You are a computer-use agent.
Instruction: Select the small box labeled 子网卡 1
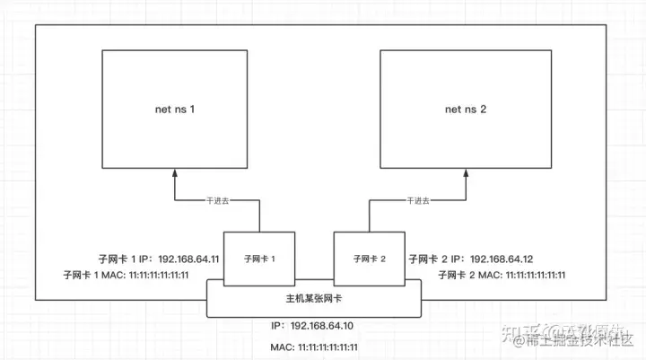coord(259,259)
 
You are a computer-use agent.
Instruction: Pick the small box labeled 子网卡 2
coord(369,259)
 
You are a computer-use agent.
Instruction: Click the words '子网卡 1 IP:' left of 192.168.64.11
coord(126,259)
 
